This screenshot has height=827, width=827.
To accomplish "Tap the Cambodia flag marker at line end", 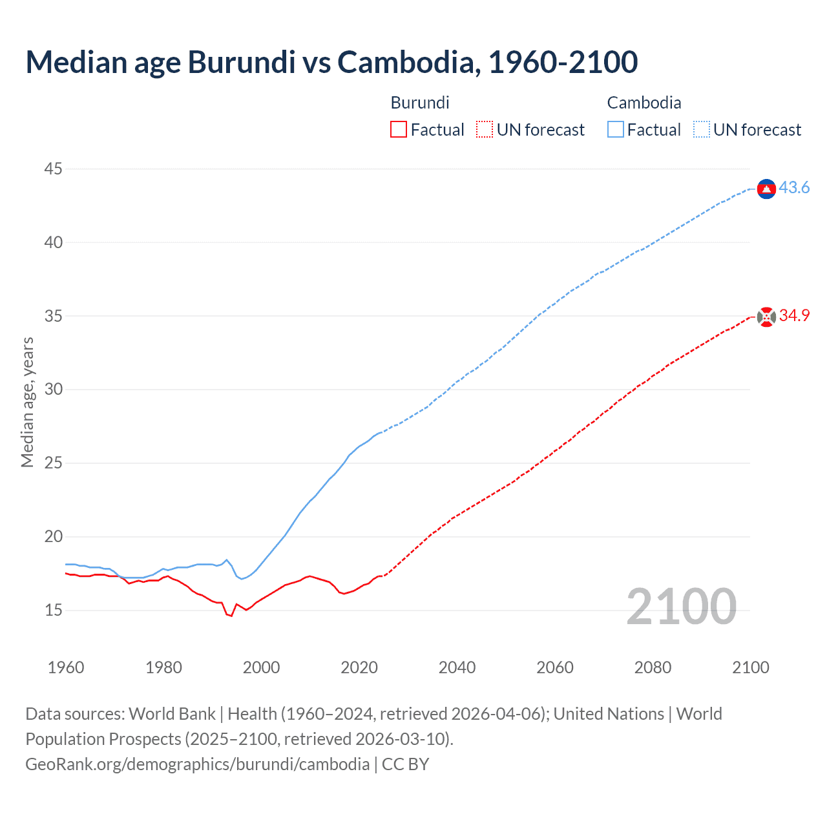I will click(766, 188).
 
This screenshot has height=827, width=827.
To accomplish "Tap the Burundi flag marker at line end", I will click(766, 317).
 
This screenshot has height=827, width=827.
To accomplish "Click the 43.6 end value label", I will click(794, 187).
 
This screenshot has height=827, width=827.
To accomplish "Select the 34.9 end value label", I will click(794, 315).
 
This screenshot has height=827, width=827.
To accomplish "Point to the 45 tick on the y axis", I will click(54, 169).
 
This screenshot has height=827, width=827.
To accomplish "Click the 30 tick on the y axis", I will click(54, 390).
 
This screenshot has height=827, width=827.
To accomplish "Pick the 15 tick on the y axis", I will click(54, 610).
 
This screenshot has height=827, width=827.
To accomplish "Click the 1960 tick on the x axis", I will click(66, 667).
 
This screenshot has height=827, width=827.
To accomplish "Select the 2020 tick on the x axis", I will click(359, 667).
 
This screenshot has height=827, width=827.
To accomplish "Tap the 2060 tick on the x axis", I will click(555, 667).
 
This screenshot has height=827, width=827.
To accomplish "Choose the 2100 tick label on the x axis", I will click(750, 667).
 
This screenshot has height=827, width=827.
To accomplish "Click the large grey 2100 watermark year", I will click(681, 606).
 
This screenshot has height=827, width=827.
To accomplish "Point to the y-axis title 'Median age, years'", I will click(27, 402).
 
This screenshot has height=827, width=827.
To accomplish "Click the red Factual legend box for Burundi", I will click(399, 129).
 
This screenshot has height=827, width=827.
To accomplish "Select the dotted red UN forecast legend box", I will click(485, 129).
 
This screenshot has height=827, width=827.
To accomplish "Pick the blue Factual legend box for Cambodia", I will click(615, 129).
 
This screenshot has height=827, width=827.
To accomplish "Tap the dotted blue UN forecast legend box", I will click(701, 129).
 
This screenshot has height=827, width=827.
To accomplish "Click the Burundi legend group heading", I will click(420, 103).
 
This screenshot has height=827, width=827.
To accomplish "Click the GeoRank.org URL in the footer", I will click(197, 764).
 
